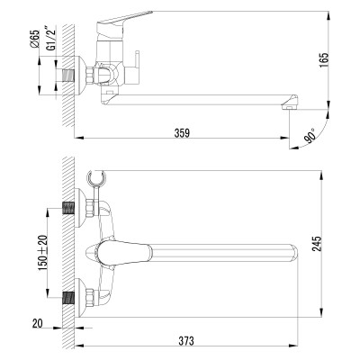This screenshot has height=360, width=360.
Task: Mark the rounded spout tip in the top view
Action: tap(291, 251)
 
